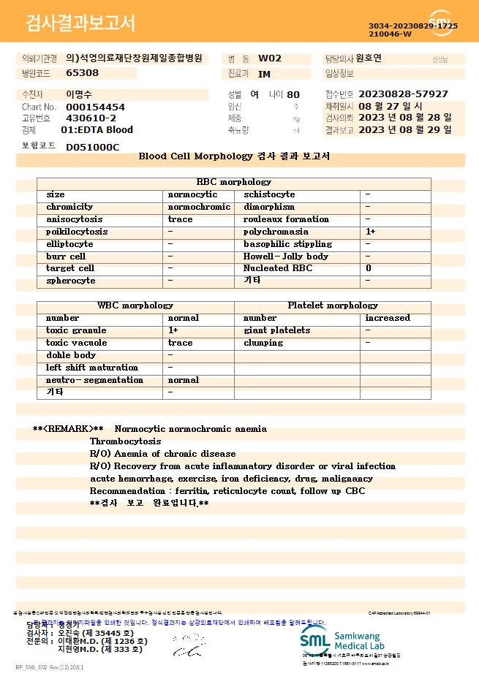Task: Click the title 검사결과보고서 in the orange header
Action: [x=80, y=23]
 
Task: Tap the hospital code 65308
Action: [x=82, y=73]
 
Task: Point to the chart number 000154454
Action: [x=95, y=107]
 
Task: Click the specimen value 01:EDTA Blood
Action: [x=97, y=130]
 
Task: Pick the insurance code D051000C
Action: [x=92, y=147]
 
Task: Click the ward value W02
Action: [x=270, y=58]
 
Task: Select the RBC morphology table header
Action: [x=234, y=182]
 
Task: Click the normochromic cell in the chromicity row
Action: [x=199, y=207]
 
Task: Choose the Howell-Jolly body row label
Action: [x=286, y=257]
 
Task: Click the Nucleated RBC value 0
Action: [x=368, y=268]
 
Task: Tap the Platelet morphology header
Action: [x=333, y=305]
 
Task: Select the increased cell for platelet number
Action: [x=388, y=318]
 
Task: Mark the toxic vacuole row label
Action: [x=77, y=343]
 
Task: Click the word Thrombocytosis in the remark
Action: [x=125, y=441]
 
